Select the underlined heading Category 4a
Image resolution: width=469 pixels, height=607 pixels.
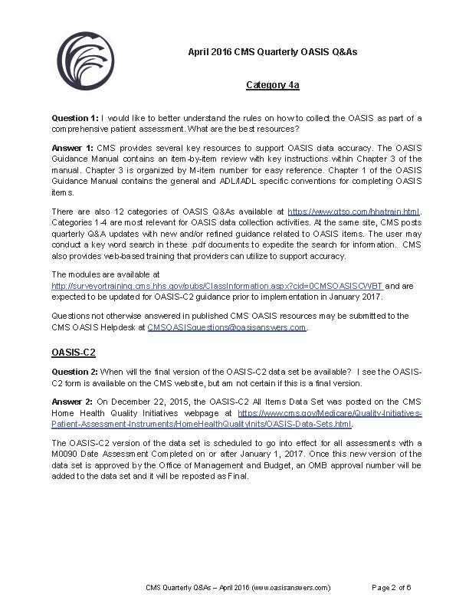coord(272,85)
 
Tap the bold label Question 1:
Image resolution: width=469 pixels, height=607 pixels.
coord(75,118)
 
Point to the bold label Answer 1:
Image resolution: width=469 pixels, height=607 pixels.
coord(73,146)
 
